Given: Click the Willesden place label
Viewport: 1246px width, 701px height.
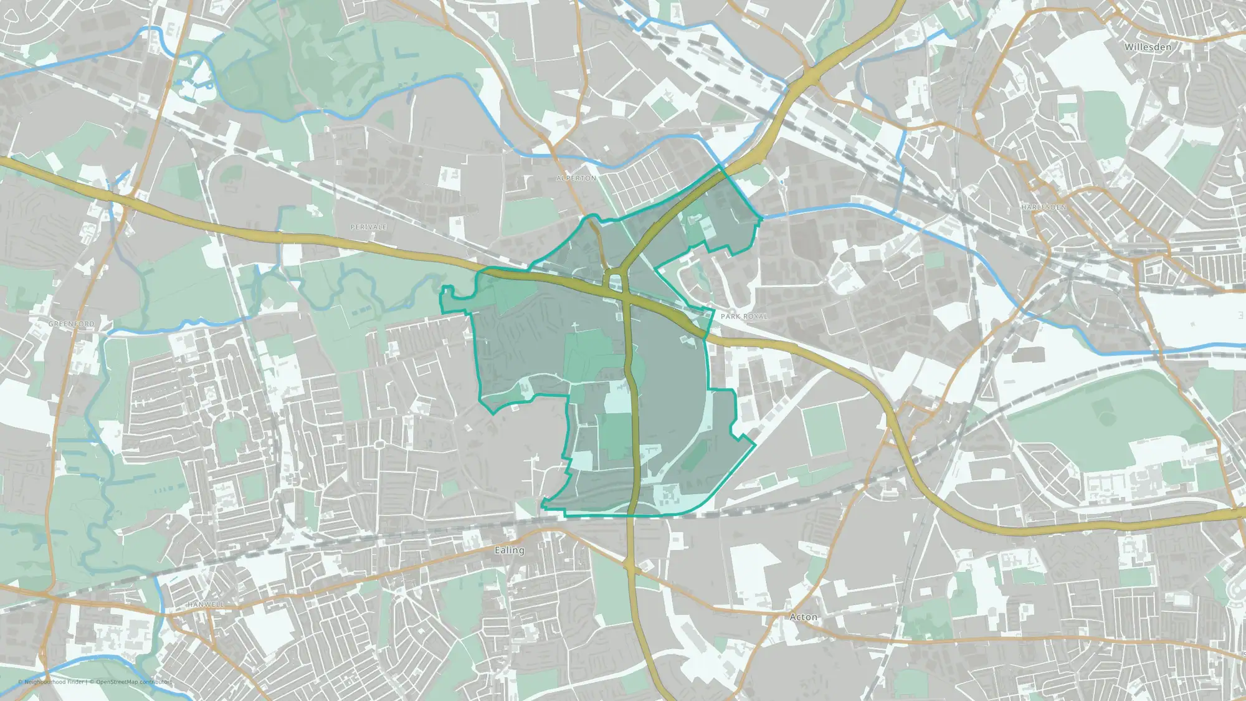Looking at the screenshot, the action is coord(1148,47).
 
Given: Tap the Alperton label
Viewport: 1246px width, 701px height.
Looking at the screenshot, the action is coord(576,178).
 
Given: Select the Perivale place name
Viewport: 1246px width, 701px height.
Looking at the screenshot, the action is coord(368,227).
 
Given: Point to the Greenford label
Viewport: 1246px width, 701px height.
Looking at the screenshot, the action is coord(72,324).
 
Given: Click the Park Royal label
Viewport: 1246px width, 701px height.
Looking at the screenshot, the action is coord(744,317).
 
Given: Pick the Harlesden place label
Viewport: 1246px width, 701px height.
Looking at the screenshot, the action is coord(1043,207).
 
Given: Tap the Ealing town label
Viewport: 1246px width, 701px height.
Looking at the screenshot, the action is coord(509,550).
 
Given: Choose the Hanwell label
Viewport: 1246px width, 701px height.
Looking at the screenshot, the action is coord(205,604).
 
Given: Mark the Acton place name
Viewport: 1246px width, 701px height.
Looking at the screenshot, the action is coord(803,617).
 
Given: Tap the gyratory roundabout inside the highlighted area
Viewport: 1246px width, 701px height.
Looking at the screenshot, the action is coord(616,280).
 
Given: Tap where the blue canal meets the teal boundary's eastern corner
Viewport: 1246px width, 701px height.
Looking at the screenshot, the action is coord(761,218).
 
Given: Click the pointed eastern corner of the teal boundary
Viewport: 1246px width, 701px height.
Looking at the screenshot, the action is coord(755,444).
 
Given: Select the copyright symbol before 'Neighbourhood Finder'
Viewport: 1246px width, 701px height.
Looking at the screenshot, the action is coord(21,682).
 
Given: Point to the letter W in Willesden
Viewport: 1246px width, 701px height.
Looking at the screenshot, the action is coord(1129,47).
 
